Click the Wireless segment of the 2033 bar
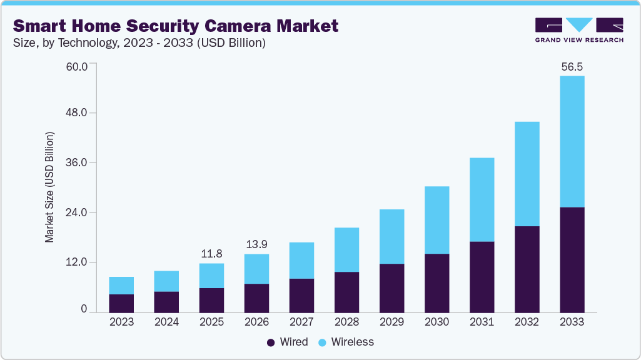[x=572, y=141]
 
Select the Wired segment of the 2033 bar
[x=572, y=259]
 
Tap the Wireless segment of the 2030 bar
[x=437, y=220]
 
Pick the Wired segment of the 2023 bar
[x=121, y=303]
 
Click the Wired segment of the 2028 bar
[x=346, y=292]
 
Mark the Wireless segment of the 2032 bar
[x=527, y=174]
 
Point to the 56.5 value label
[x=572, y=67]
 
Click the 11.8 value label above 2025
[x=211, y=254]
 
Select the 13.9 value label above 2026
[x=256, y=244]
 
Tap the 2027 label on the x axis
[x=301, y=322]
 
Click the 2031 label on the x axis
[x=482, y=322]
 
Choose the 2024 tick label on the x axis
[x=166, y=322]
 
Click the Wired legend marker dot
[x=271, y=342]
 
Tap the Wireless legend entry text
[x=352, y=342]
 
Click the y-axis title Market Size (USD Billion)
[x=49, y=187]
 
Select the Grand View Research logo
[x=579, y=30]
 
